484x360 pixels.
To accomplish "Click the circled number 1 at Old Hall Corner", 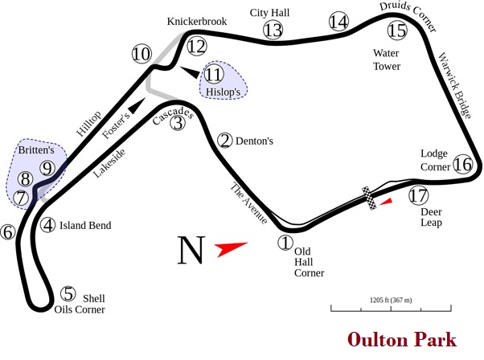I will tap(284, 240).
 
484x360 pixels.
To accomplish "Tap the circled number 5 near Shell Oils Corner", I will tap(69, 294).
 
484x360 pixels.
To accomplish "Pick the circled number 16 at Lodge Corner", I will tap(462, 165).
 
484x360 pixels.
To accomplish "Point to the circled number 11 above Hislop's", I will tap(213, 74).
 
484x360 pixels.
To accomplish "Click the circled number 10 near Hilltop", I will tap(142, 55).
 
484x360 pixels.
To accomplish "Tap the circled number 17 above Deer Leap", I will tap(417, 195).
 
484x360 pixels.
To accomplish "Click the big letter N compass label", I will tap(191, 250).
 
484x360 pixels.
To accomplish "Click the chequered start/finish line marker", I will tap(371, 198).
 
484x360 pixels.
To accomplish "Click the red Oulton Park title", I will tap(402, 340).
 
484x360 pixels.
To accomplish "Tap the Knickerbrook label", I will tap(197, 21).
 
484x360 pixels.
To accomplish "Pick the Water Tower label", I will tap(386, 59).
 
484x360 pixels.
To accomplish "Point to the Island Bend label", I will tap(87, 226).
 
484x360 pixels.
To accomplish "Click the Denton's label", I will tap(254, 141).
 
